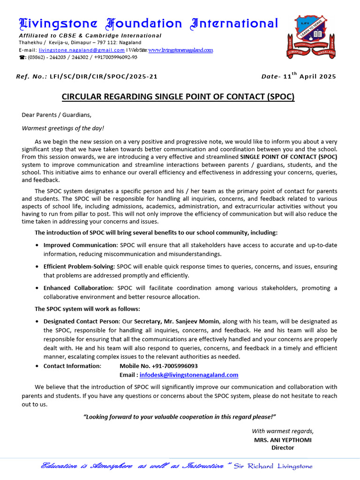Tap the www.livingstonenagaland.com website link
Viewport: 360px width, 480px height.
coord(180,50)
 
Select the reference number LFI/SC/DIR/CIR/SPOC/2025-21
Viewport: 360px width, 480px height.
coord(103,76)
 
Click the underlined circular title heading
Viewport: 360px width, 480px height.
coord(178,97)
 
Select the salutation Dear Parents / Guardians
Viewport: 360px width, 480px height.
coord(57,115)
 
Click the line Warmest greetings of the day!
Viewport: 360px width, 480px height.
coord(63,128)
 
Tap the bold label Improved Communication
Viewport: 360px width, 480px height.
coord(80,245)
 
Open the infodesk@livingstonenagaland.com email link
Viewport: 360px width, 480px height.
coord(182,375)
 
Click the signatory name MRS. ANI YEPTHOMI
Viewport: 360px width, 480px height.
coord(283,440)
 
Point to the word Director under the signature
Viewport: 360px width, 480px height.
coord(283,448)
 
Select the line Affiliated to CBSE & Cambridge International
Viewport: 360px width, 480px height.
coord(90,36)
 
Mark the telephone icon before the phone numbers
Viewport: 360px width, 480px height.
coord(22,58)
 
